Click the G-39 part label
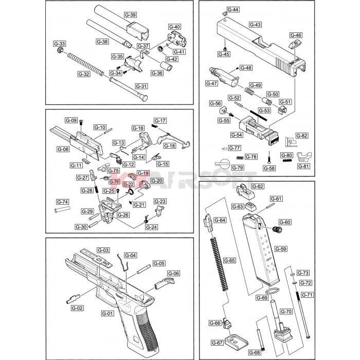[x=131, y=15]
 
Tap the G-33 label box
[x=60, y=44]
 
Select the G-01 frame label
[x=107, y=313]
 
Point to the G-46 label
[x=296, y=35]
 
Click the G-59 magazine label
[x=281, y=249]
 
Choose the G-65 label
[x=229, y=260]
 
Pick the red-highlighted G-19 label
[x=143, y=173]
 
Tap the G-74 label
[x=62, y=202]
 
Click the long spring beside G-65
[x=219, y=264]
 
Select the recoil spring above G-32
[x=85, y=64]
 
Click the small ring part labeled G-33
[x=60, y=50]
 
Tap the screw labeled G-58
[x=269, y=159]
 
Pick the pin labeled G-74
[x=62, y=209]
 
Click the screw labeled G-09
[x=81, y=122]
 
